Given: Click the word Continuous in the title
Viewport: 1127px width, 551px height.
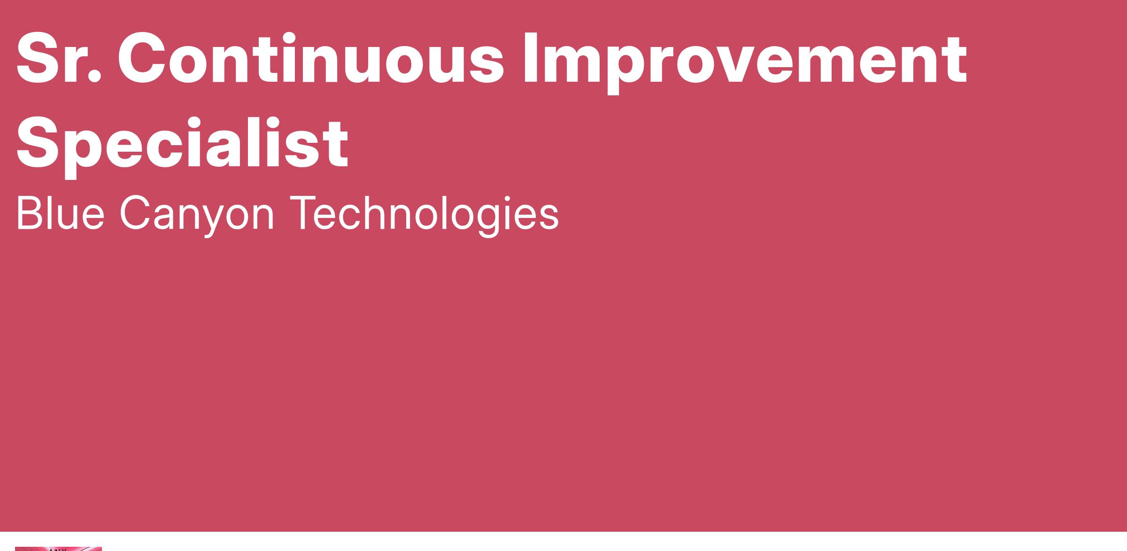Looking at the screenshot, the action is click(x=311, y=59).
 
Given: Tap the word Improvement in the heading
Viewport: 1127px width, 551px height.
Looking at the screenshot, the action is click(x=745, y=63).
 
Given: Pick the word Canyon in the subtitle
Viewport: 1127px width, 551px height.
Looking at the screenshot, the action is click(x=197, y=217).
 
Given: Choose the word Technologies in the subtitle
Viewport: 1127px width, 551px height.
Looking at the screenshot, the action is click(x=424, y=217).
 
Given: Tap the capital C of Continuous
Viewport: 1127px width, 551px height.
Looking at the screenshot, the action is click(x=144, y=59).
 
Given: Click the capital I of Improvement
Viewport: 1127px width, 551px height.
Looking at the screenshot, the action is click(x=531, y=59).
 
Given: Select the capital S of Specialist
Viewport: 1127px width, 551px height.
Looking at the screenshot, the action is click(x=40, y=143).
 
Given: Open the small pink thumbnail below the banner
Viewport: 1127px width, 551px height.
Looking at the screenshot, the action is click(x=58, y=549).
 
